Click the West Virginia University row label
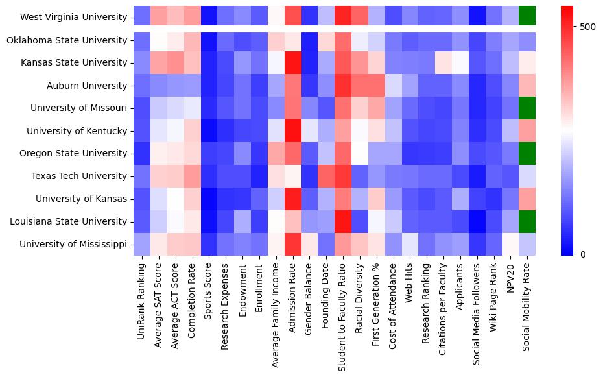pos(74,17)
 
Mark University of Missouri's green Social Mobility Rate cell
pos(528,108)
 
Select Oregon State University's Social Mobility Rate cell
pos(528,153)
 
